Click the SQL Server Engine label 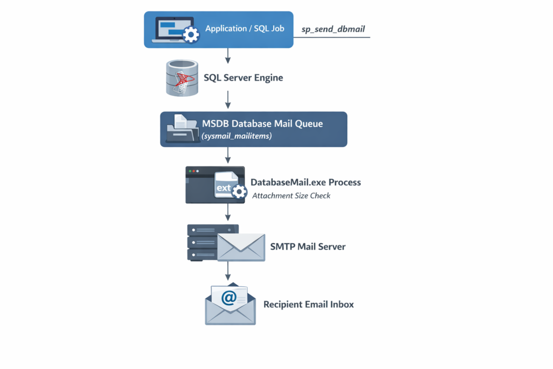tap(243, 78)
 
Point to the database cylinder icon tap(181, 78)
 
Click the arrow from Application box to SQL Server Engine tap(228, 55)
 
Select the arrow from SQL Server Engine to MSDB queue tap(228, 99)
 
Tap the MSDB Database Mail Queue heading tap(262, 124)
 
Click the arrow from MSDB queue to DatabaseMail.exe tap(228, 155)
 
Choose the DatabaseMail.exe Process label tap(306, 183)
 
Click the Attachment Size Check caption tap(291, 196)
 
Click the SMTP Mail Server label tap(307, 247)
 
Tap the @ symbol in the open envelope tap(229, 298)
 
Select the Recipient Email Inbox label tap(308, 305)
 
